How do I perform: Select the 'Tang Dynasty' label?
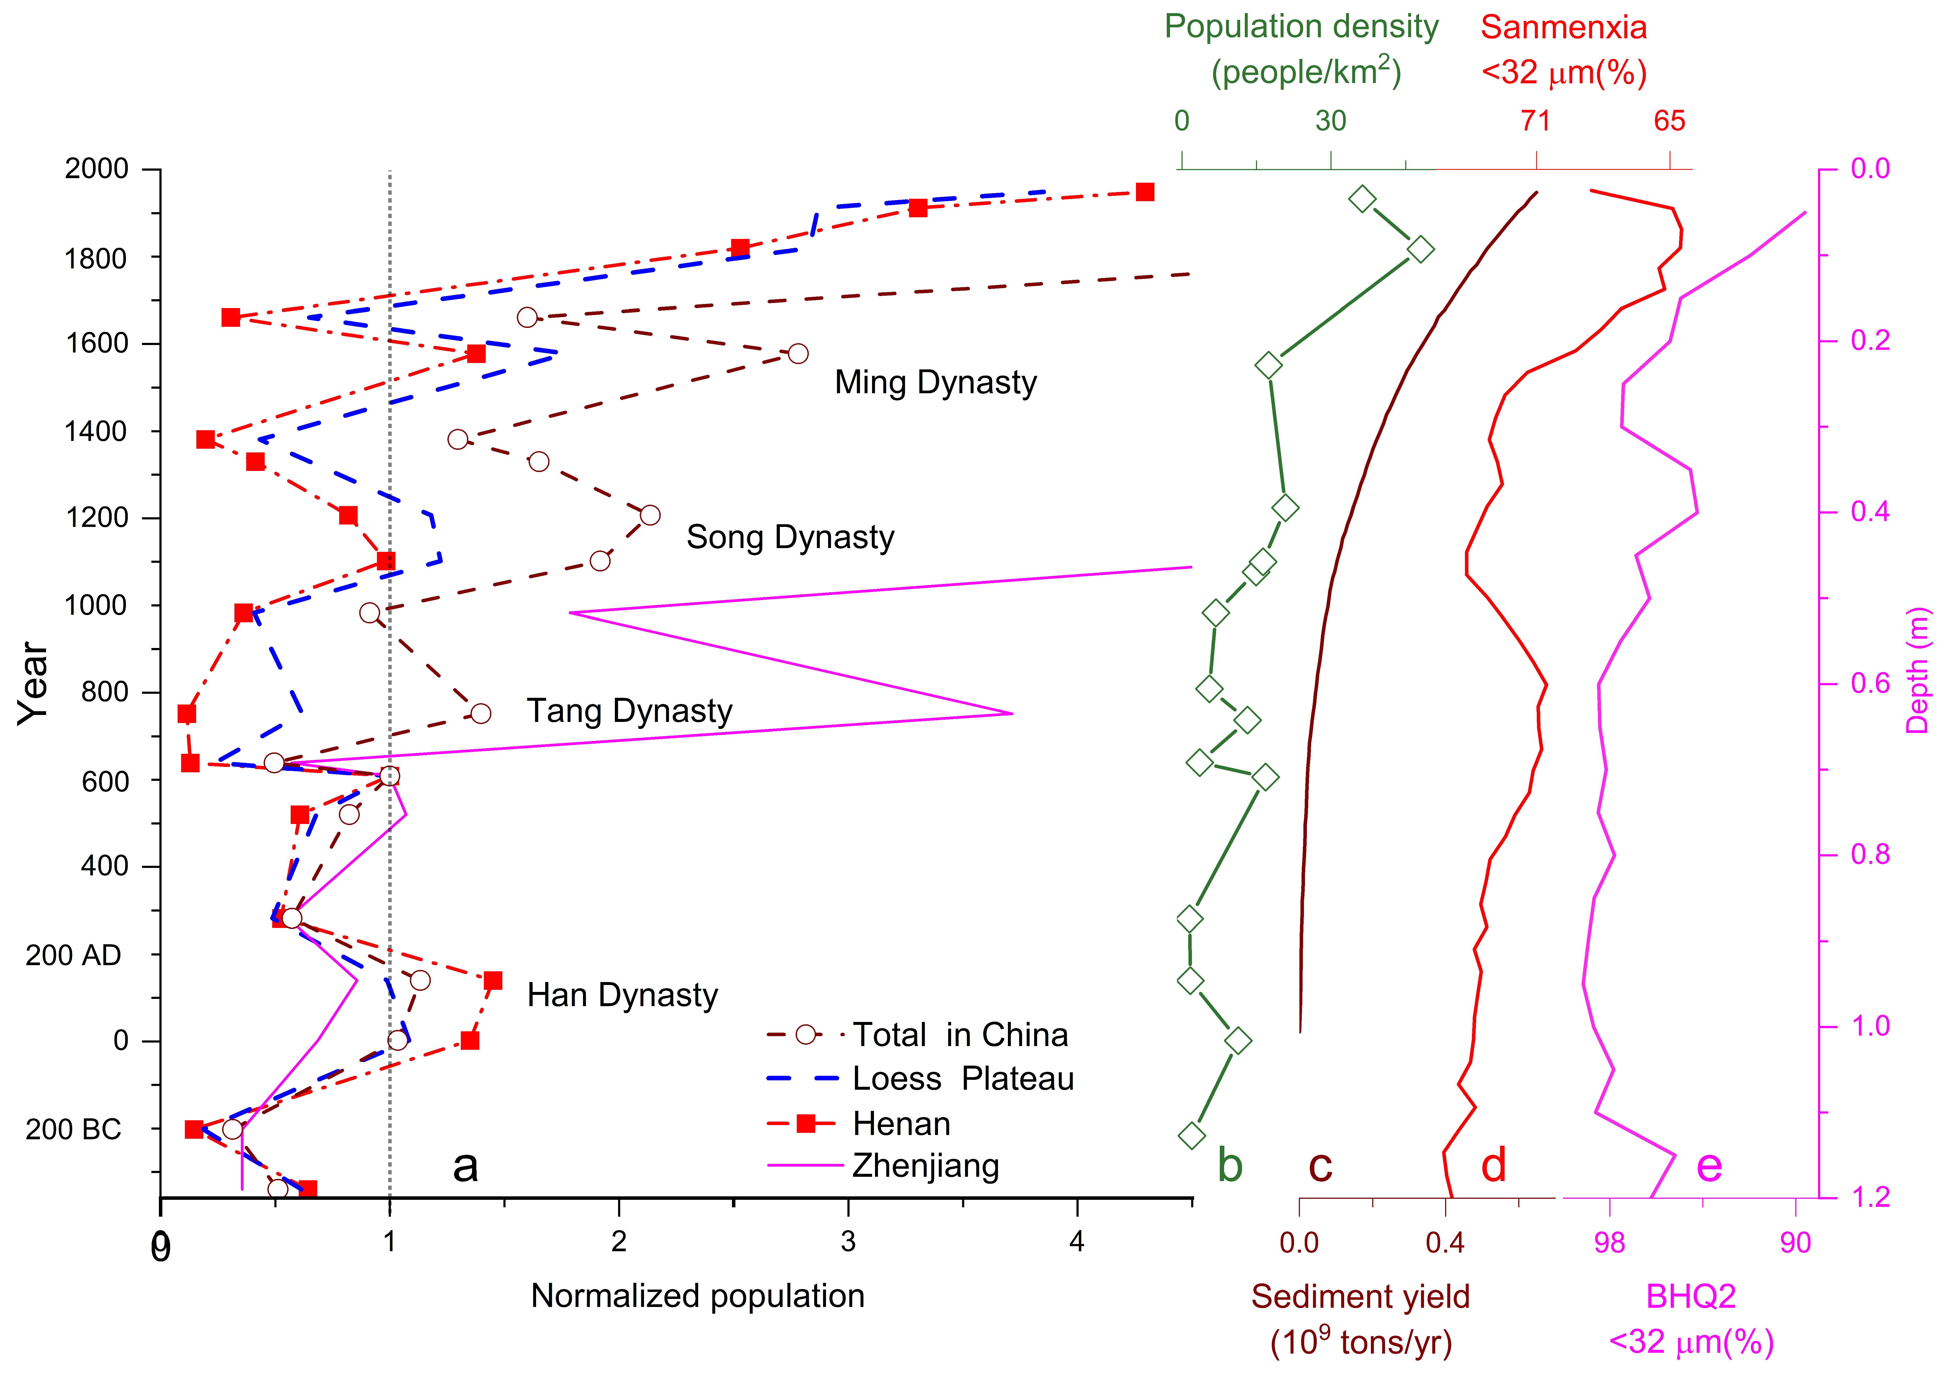coord(630,711)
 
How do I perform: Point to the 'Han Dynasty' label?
coord(622,995)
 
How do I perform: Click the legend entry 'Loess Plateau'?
coord(963,1079)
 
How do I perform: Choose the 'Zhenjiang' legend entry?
coord(926,1166)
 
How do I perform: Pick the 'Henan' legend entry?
coord(901,1124)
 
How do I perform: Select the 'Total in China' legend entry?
coord(960,1035)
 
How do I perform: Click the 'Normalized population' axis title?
coord(697,1296)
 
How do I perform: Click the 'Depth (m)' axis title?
coord(1917,670)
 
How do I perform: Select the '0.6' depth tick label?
coord(1870,684)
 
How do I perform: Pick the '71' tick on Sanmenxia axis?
coord(1536,121)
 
